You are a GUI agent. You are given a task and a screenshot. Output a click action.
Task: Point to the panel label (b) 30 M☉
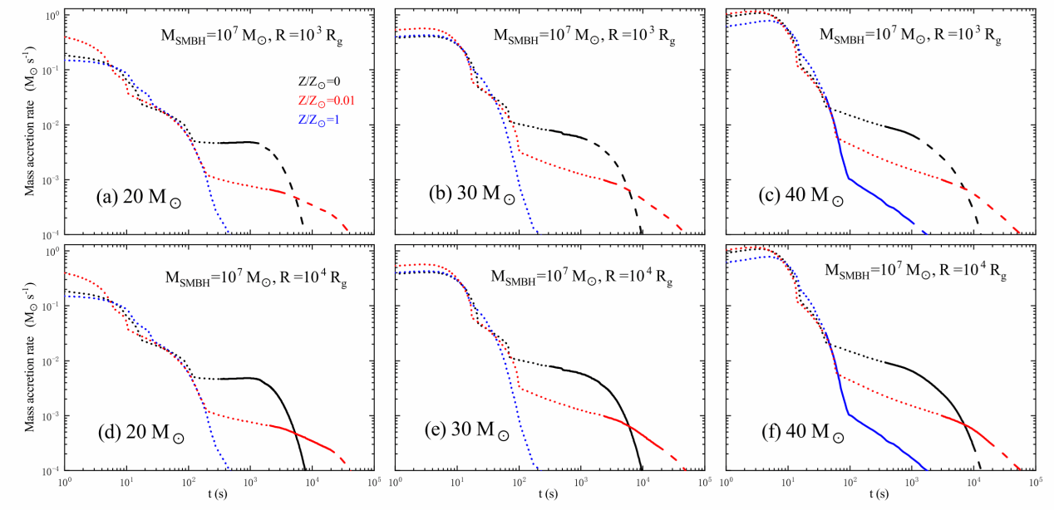(x=470, y=199)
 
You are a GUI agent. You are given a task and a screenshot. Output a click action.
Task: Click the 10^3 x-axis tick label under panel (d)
(x=249, y=483)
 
